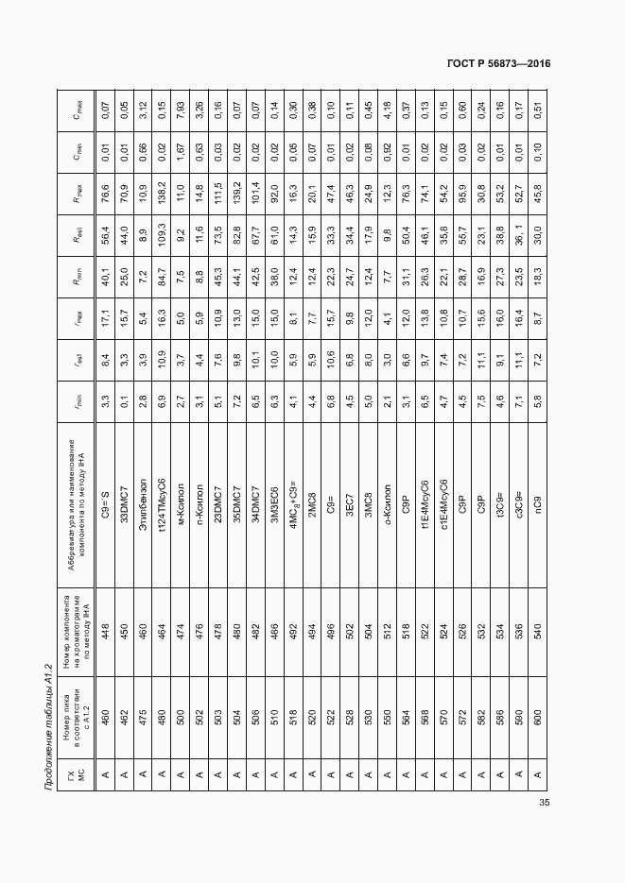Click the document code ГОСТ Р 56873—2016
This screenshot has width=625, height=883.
pyautogui.click(x=498, y=63)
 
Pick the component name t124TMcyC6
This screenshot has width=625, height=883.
pyautogui.click(x=161, y=490)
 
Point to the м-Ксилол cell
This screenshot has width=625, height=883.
pyautogui.click(x=179, y=491)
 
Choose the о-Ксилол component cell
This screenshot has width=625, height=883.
pyautogui.click(x=387, y=491)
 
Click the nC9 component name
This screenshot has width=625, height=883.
pyautogui.click(x=537, y=491)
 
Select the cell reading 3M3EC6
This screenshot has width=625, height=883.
pyautogui.click(x=272, y=491)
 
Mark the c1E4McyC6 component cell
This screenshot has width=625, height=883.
pyautogui.click(x=443, y=491)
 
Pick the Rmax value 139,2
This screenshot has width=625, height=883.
pyautogui.click(x=235, y=182)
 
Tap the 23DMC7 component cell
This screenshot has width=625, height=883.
pyautogui.click(x=217, y=491)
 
